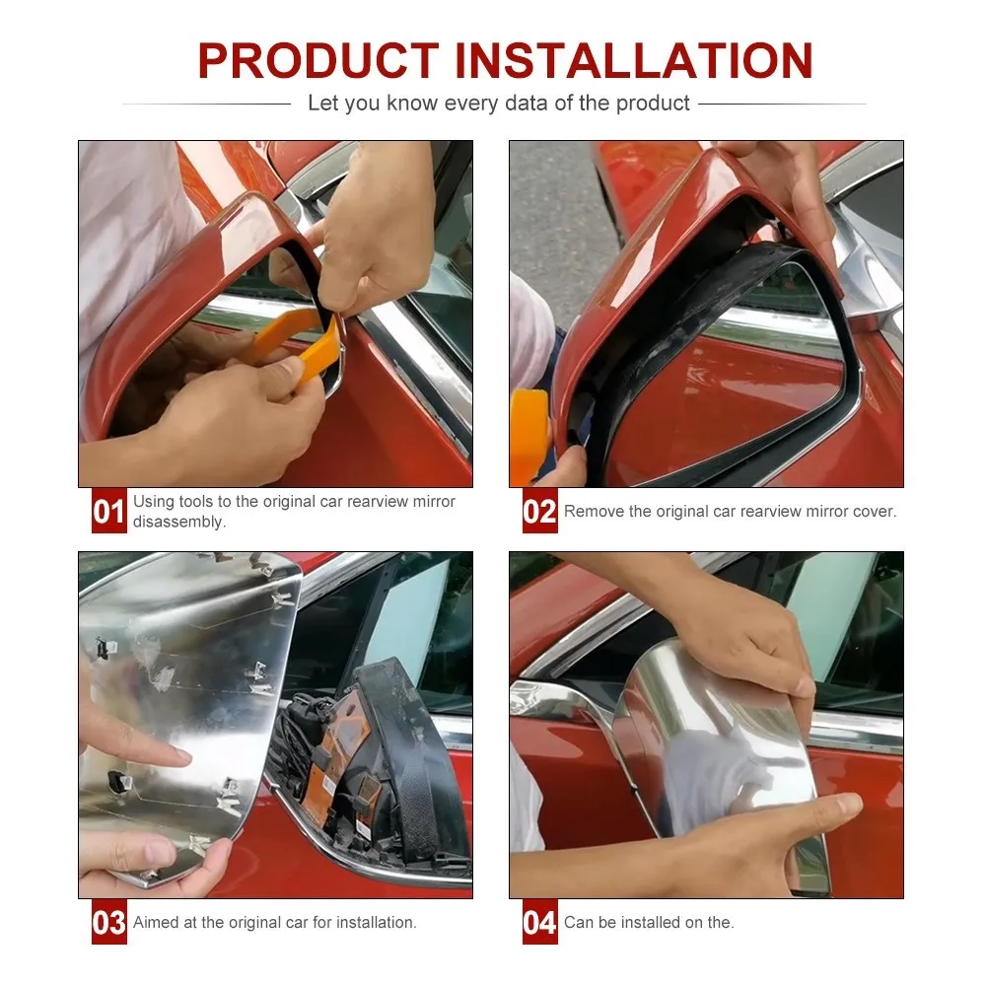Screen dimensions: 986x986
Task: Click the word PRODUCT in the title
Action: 318,61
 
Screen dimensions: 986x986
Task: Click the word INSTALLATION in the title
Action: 634,61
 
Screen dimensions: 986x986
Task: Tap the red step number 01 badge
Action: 108,511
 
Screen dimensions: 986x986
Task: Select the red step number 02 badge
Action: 539,511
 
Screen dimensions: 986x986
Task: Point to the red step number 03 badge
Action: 108,922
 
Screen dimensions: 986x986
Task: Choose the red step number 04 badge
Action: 539,922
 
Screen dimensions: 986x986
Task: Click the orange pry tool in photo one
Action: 302,347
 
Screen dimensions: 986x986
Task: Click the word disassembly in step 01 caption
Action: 178,522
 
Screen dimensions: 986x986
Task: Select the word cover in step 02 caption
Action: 874,511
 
